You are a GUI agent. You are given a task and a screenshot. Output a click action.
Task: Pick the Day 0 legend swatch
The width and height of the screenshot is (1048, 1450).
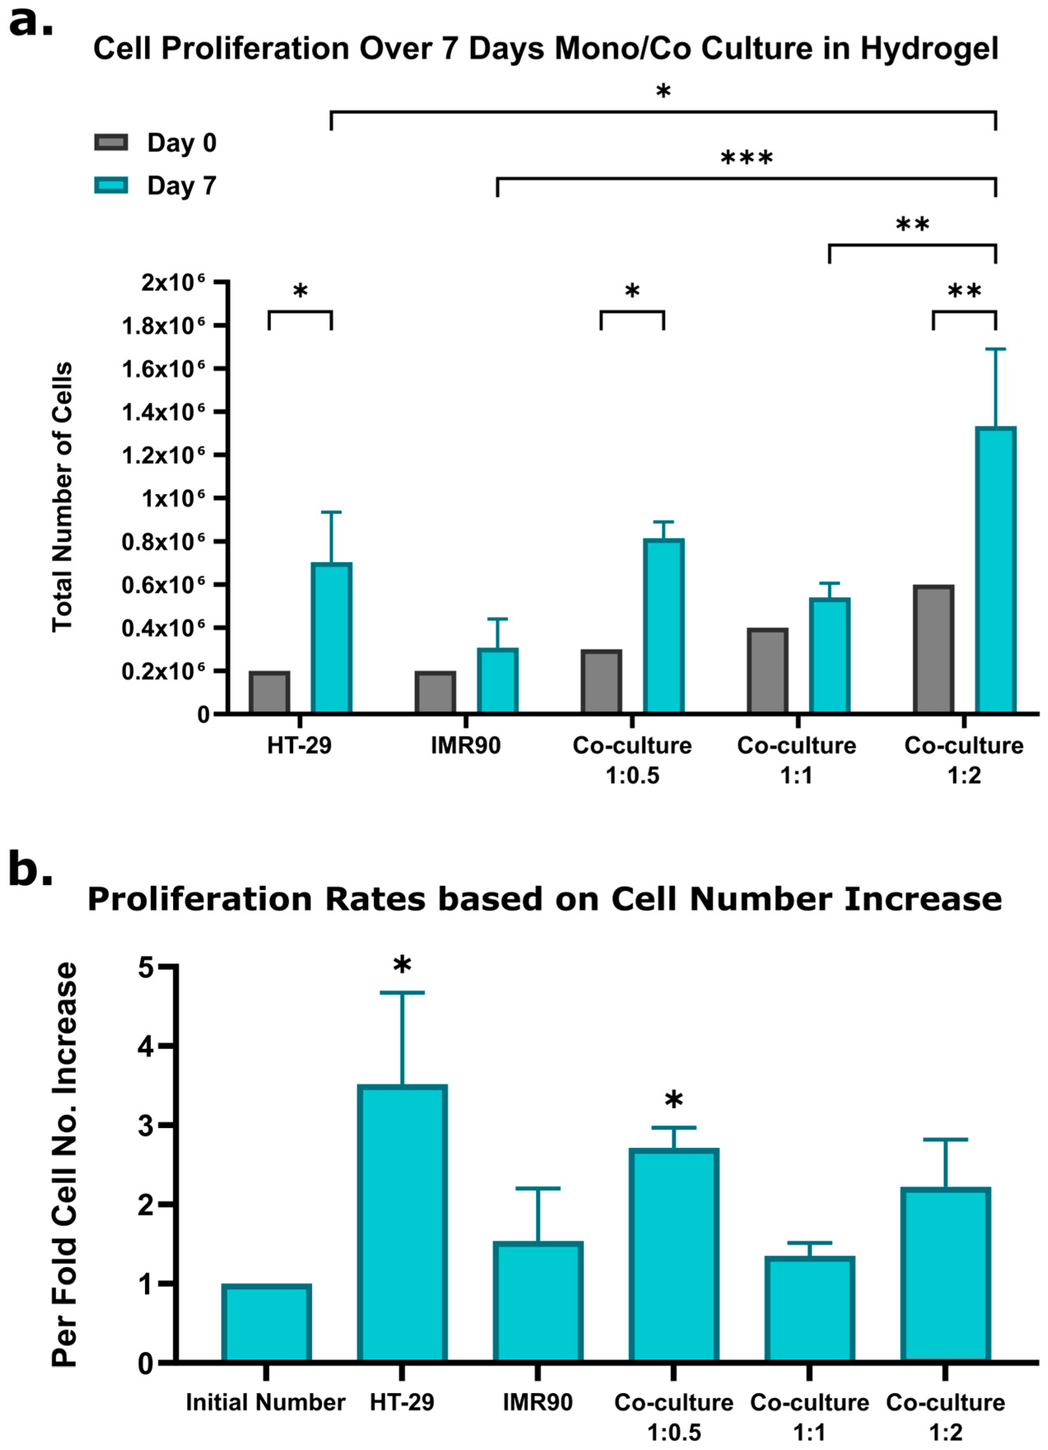pos(111,142)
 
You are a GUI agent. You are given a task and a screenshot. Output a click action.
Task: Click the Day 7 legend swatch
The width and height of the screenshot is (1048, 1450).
pos(111,186)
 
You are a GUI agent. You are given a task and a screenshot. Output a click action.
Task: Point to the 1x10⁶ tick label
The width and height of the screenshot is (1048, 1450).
pos(173,498)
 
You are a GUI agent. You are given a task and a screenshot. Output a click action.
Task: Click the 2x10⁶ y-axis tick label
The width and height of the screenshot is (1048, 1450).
pos(173,282)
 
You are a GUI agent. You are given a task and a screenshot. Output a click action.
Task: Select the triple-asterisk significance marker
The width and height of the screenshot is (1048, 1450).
pos(746,157)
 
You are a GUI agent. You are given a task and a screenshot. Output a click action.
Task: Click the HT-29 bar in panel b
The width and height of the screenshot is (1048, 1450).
pos(402,1222)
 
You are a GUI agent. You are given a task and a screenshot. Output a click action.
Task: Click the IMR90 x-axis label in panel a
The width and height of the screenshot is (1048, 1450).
pos(465,745)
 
